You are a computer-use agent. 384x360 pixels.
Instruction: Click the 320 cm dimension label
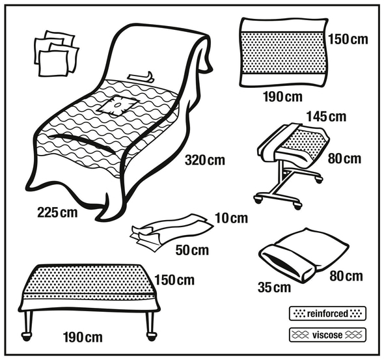click(x=205, y=160)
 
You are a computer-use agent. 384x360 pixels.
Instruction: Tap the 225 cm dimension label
click(x=57, y=212)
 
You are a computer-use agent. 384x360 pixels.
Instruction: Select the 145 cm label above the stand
click(x=327, y=117)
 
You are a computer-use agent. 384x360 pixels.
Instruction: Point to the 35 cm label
click(x=274, y=288)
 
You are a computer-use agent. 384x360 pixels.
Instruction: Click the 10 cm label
click(x=232, y=218)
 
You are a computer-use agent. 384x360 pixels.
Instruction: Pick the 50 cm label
click(x=192, y=250)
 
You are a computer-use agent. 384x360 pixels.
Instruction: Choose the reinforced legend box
click(x=327, y=313)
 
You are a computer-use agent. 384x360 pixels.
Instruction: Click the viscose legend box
click(x=327, y=335)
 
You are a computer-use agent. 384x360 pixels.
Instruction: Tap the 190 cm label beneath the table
click(x=83, y=337)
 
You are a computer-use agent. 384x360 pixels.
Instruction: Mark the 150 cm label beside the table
click(x=174, y=280)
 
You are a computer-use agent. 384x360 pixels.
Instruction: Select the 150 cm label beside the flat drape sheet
click(x=348, y=39)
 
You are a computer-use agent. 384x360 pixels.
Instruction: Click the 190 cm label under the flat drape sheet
click(x=283, y=97)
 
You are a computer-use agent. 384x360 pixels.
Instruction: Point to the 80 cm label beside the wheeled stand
click(x=344, y=159)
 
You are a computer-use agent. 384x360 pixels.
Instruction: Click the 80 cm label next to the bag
click(x=346, y=276)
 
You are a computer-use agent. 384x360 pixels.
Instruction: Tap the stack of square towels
click(x=57, y=53)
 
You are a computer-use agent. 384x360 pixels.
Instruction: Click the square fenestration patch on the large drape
click(x=117, y=105)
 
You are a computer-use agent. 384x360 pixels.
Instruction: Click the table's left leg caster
click(x=27, y=336)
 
